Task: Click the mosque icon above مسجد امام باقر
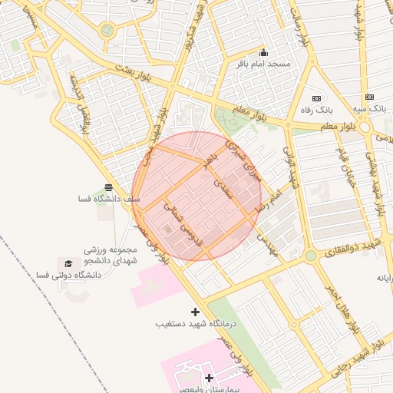[264, 52]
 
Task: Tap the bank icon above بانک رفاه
[316, 98]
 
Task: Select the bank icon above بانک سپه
[370, 97]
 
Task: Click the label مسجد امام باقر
[264, 63]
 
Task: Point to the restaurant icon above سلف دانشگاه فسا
[108, 187]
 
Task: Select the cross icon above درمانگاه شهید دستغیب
[195, 312]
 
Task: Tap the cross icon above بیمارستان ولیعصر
[209, 378]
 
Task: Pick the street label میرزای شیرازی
[246, 159]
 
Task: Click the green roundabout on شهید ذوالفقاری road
[310, 255]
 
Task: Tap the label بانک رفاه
[316, 110]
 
